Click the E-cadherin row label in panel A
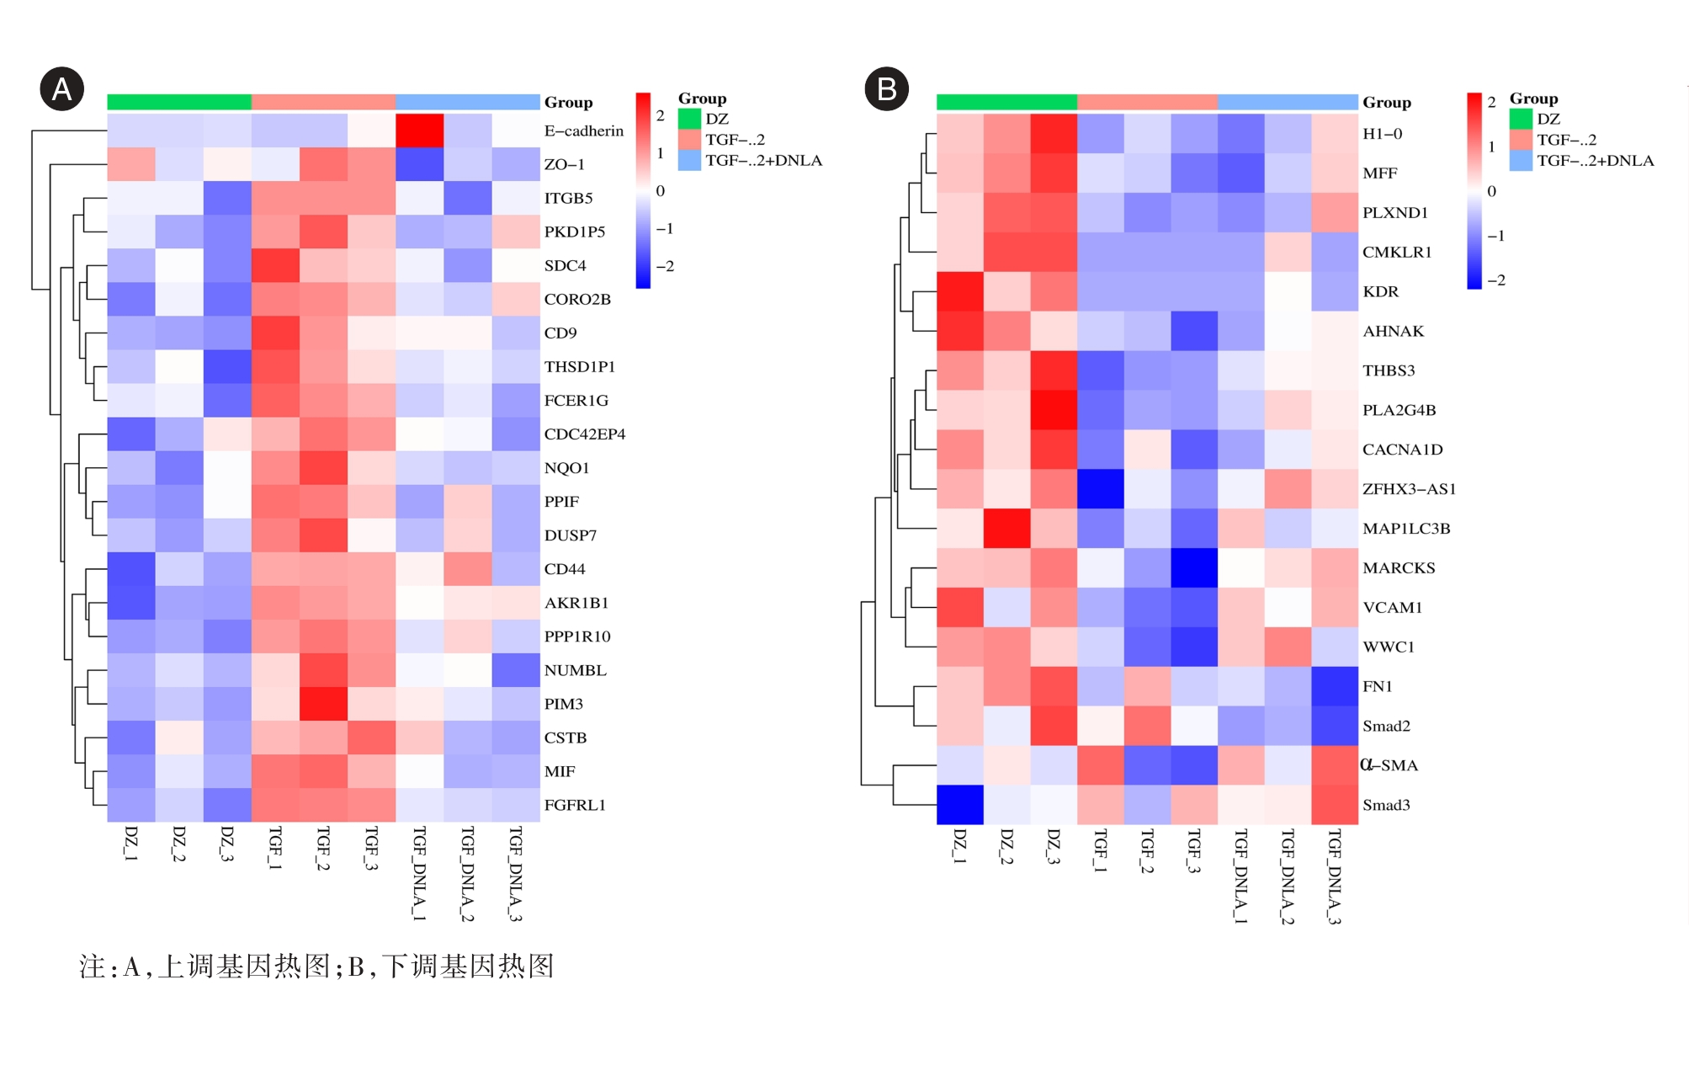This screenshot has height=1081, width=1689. (583, 130)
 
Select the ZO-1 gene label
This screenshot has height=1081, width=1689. (564, 164)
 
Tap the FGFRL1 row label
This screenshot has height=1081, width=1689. (575, 805)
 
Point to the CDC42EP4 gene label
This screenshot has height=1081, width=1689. (584, 434)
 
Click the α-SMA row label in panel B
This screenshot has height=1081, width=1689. (1389, 765)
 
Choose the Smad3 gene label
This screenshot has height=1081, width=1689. (1386, 805)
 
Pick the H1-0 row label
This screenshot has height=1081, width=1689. (1382, 133)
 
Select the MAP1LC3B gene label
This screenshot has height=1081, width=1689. (1406, 529)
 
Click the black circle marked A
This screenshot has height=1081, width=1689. (62, 88)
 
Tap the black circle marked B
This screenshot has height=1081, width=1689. (887, 88)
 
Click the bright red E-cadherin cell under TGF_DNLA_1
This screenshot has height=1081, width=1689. (419, 130)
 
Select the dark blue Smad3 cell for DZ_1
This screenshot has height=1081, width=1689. (960, 805)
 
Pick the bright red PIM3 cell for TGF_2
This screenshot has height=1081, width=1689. (323, 704)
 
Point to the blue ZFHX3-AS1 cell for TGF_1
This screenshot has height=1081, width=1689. (1101, 489)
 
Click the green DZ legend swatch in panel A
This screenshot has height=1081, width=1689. (690, 119)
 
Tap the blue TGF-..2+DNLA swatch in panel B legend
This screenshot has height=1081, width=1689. (1521, 161)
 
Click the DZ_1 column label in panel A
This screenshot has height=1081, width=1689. (130, 844)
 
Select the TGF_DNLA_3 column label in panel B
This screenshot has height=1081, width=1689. (1334, 876)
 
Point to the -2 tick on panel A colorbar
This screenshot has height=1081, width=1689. (665, 266)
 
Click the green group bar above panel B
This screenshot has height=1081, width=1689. (1006, 102)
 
